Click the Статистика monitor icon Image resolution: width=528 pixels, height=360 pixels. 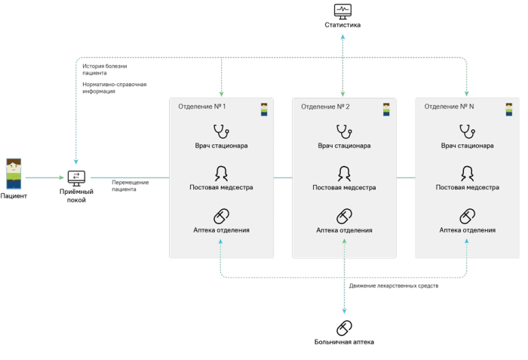[x=342, y=11]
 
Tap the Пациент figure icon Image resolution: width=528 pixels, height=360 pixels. [x=14, y=174]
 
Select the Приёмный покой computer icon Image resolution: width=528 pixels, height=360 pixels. [x=76, y=178]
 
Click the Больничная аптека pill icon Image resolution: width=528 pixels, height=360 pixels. [x=344, y=328]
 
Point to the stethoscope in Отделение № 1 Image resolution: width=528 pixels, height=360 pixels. [x=221, y=131]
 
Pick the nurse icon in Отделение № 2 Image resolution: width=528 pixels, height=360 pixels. [x=344, y=174]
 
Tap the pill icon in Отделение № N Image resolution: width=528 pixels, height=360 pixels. [x=468, y=216]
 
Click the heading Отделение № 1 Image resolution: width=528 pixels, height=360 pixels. [x=201, y=106]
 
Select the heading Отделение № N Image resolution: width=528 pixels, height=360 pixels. [x=449, y=106]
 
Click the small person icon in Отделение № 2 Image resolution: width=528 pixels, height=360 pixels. [x=386, y=109]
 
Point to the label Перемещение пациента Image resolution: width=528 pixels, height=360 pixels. [x=130, y=186]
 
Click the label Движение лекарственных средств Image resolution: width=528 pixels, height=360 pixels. [x=394, y=286]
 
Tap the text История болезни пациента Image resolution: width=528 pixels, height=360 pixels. [x=105, y=69]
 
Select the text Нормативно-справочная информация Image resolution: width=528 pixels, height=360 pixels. [x=115, y=88]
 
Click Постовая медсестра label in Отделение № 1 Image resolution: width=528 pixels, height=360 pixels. [x=221, y=187]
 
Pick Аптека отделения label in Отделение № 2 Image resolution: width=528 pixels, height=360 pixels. [x=344, y=230]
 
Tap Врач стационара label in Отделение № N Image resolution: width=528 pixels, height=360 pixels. [x=468, y=146]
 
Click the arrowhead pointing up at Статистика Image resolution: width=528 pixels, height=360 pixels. [x=342, y=37]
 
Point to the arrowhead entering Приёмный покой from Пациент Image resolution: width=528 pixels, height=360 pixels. [x=62, y=177]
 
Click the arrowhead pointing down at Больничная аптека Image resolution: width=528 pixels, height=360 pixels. [x=344, y=312]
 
